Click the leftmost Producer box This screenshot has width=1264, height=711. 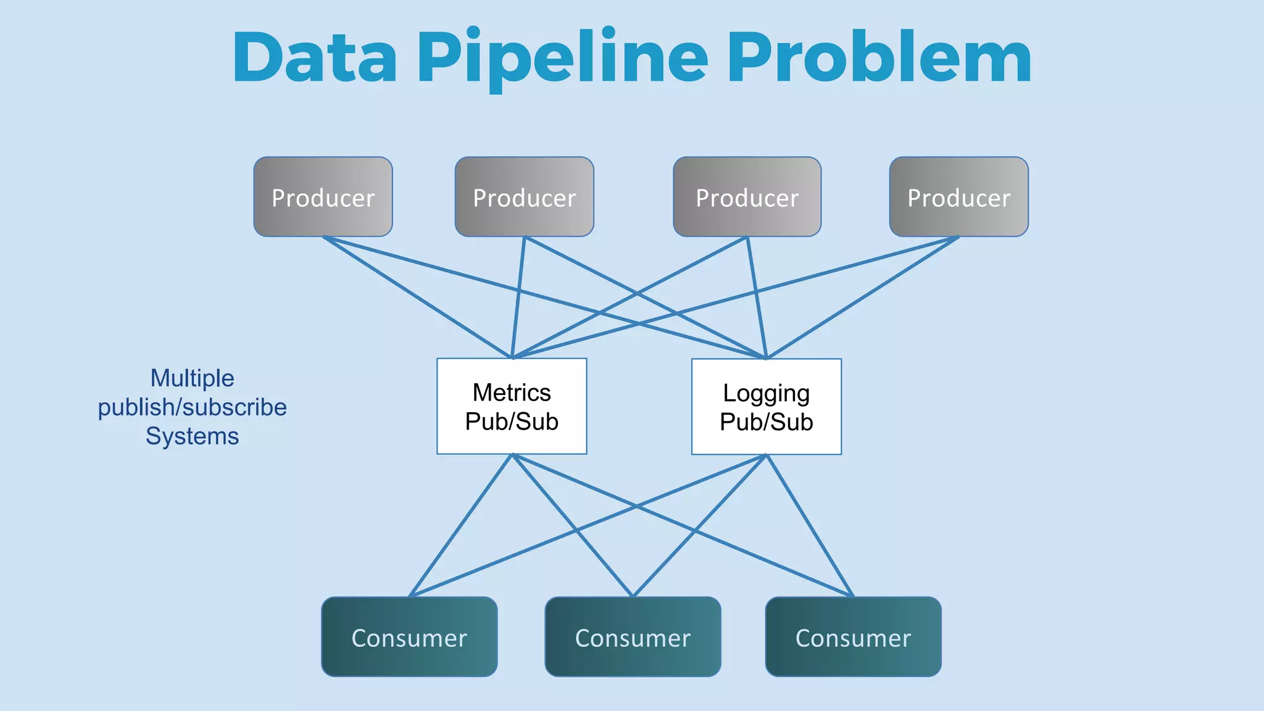click(x=323, y=197)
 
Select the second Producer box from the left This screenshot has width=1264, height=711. click(x=524, y=197)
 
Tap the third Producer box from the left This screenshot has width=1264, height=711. click(x=747, y=197)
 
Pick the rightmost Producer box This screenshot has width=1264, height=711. click(x=958, y=197)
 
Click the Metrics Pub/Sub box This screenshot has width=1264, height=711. click(x=512, y=406)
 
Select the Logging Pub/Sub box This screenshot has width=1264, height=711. click(x=766, y=407)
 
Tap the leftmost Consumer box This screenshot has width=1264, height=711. click(x=409, y=636)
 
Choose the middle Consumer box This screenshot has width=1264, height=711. click(x=633, y=636)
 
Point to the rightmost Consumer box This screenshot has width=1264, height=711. click(x=853, y=636)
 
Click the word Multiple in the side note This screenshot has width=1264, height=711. click(x=192, y=378)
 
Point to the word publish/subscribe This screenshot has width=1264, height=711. click(x=192, y=407)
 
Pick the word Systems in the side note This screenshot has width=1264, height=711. click(x=192, y=436)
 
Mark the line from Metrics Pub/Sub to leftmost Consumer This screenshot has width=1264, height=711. click(x=460, y=526)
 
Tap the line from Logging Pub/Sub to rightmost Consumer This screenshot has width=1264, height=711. click(x=810, y=526)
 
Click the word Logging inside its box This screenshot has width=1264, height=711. click(x=766, y=393)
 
